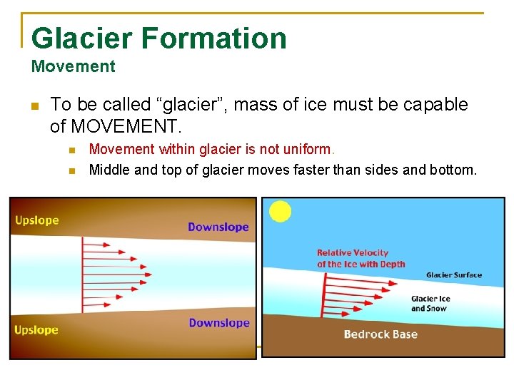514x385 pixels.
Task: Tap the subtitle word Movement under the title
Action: [x=73, y=67]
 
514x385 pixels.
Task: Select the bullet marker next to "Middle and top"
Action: [x=71, y=170]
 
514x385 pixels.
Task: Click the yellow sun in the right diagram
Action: [x=280, y=211]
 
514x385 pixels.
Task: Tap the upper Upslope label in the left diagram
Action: [x=37, y=220]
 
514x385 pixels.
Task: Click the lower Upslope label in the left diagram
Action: [x=36, y=330]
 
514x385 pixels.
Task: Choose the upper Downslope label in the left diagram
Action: [x=218, y=227]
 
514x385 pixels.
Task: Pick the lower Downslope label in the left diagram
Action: [x=219, y=323]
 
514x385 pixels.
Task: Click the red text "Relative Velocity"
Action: [x=353, y=252]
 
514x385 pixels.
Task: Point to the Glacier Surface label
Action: [x=453, y=275]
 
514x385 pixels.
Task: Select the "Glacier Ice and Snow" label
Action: [x=431, y=304]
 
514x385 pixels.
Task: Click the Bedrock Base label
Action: [x=381, y=334]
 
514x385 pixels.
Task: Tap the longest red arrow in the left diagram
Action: [x=117, y=271]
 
